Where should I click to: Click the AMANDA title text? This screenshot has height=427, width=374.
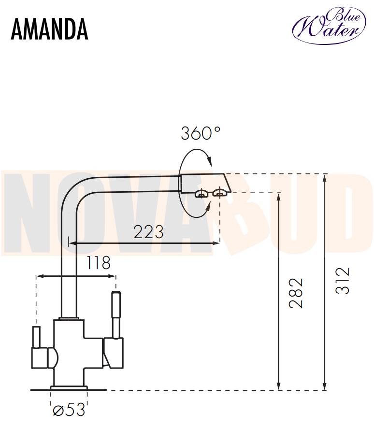[x=49, y=29]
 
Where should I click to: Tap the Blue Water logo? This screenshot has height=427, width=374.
[x=329, y=25]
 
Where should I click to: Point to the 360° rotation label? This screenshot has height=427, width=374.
[x=201, y=133]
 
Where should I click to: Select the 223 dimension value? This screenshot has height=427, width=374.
[x=148, y=232]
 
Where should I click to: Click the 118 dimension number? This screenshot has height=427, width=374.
[x=99, y=263]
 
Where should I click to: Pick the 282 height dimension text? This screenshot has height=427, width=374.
[x=296, y=293]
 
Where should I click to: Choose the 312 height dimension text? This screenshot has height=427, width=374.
[x=342, y=281]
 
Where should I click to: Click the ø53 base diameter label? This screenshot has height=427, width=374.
[x=69, y=409]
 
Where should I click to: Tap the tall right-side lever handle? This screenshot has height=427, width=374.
[x=116, y=315]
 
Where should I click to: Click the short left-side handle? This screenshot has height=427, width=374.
[x=36, y=337]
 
